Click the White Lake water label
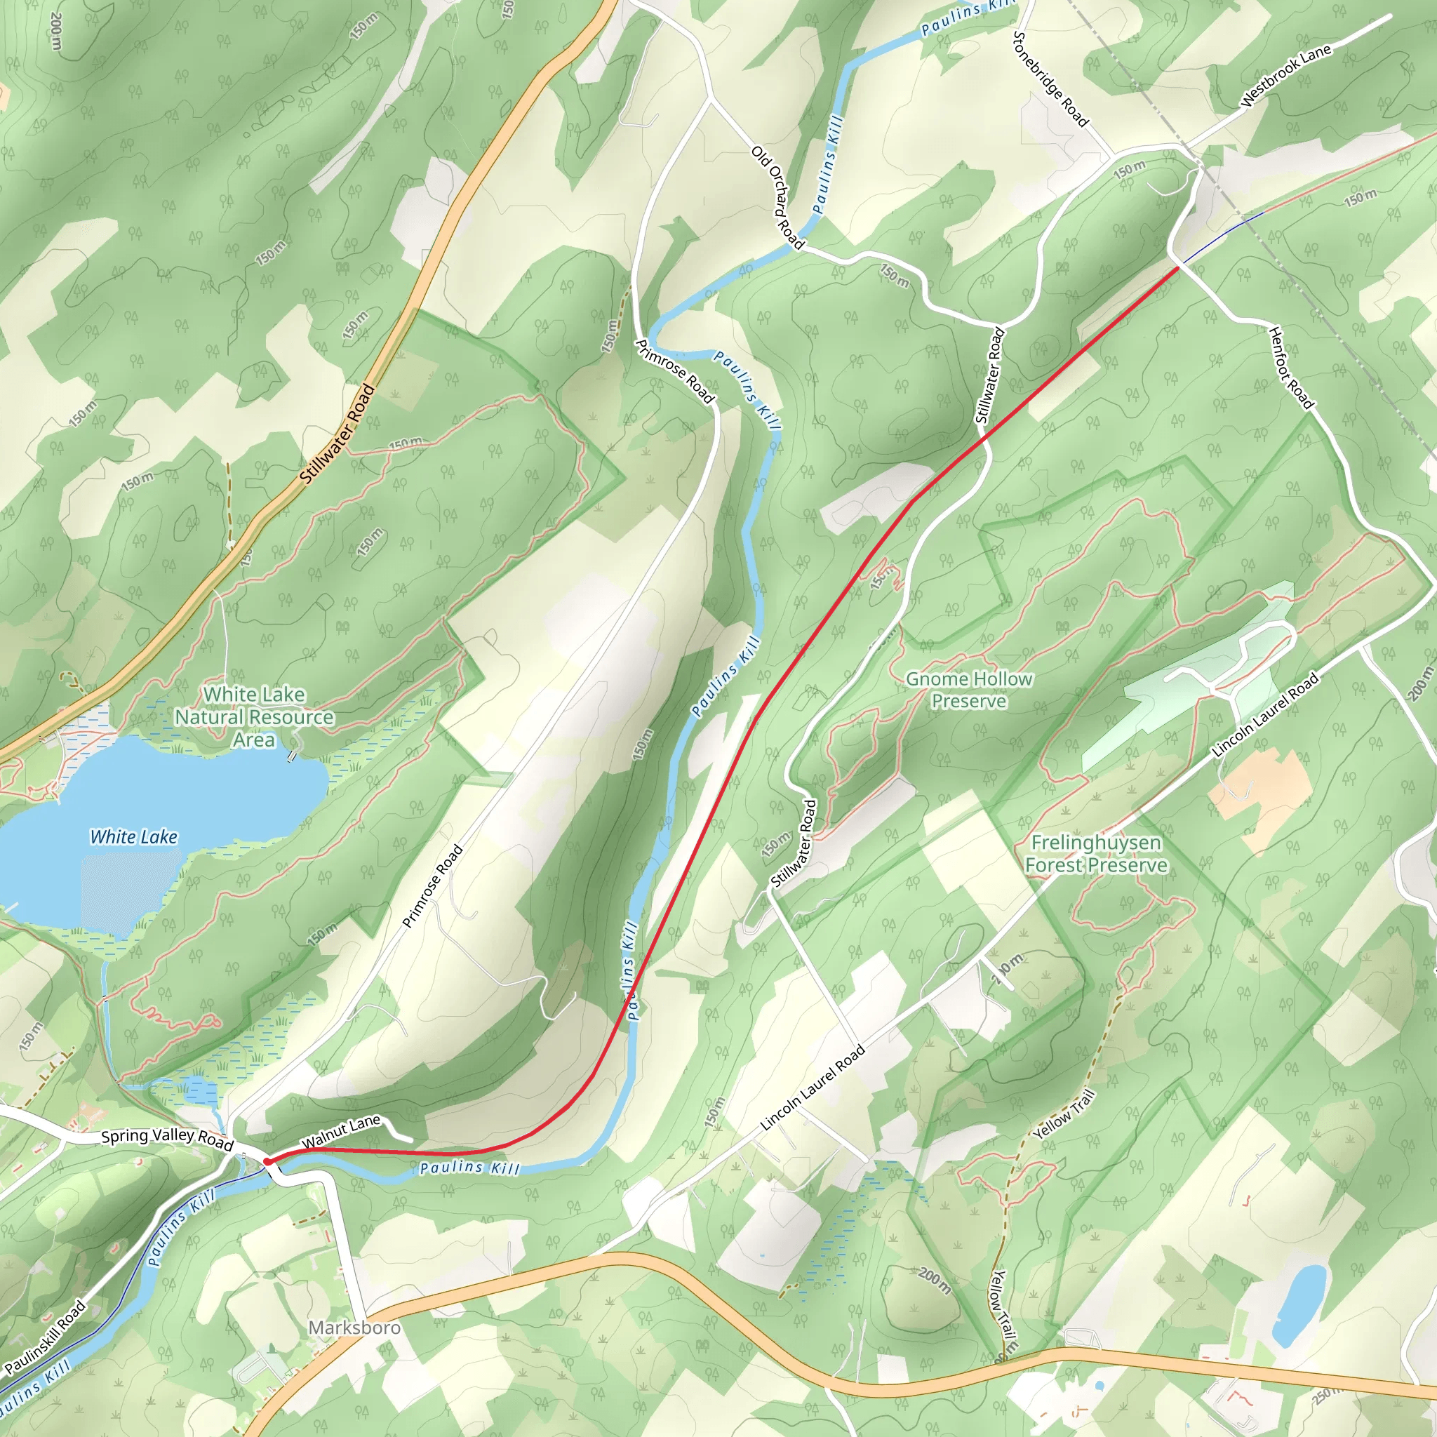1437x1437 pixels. click(134, 837)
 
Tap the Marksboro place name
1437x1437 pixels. click(354, 1328)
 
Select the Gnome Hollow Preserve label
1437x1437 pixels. click(968, 690)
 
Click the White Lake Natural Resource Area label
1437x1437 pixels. click(253, 717)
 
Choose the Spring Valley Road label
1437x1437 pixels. click(168, 1139)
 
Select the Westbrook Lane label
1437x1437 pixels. click(1286, 76)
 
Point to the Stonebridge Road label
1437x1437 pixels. click(1051, 79)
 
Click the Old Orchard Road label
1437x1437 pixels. click(778, 197)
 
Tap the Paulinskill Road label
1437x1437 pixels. click(45, 1337)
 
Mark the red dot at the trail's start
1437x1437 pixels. click(266, 1161)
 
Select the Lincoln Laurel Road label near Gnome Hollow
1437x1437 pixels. click(1265, 715)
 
